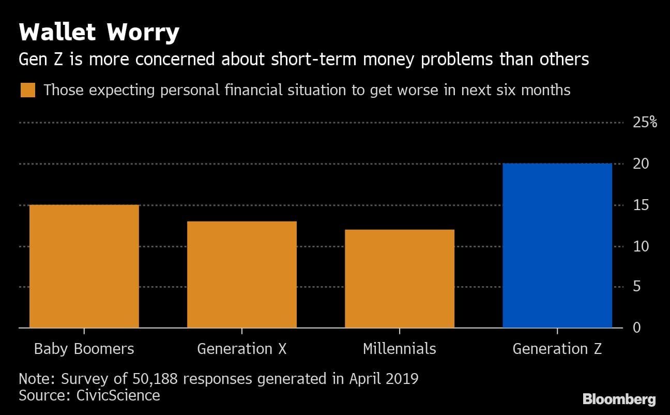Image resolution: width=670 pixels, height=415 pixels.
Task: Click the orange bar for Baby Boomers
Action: point(84,266)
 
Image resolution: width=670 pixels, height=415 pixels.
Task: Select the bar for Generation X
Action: point(242,275)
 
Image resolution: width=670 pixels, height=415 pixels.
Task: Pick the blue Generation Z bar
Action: point(557,246)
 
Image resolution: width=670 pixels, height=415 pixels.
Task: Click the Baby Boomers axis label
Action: point(84,349)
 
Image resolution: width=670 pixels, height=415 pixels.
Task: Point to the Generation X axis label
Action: point(242,349)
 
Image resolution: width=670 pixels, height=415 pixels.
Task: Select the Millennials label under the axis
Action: point(400,349)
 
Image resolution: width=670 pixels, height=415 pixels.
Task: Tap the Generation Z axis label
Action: point(557,349)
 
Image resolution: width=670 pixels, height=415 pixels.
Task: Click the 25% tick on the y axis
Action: point(645,123)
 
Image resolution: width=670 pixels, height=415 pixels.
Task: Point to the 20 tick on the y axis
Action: point(641,164)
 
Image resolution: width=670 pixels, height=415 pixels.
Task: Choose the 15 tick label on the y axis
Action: point(641,205)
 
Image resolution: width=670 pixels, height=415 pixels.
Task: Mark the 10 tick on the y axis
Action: point(641,246)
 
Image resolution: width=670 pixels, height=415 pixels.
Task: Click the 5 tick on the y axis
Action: point(637,287)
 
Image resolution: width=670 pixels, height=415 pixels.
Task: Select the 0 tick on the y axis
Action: point(637,328)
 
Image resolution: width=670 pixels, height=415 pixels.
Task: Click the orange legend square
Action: point(27,91)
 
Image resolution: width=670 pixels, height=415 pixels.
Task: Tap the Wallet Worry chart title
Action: point(99,33)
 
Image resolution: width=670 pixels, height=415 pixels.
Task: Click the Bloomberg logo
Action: point(619,399)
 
